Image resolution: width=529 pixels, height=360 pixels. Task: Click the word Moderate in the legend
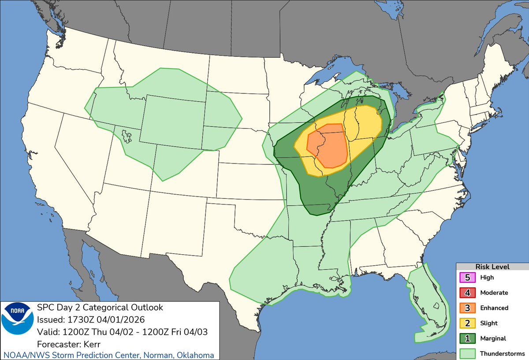tap(494, 293)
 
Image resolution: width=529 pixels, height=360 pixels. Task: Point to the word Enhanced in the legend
tap(494, 308)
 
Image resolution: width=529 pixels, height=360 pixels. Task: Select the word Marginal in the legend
tap(493, 338)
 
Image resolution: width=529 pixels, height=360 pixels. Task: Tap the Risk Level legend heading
tap(492, 267)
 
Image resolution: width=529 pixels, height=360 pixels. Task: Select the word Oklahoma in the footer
tap(196, 355)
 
